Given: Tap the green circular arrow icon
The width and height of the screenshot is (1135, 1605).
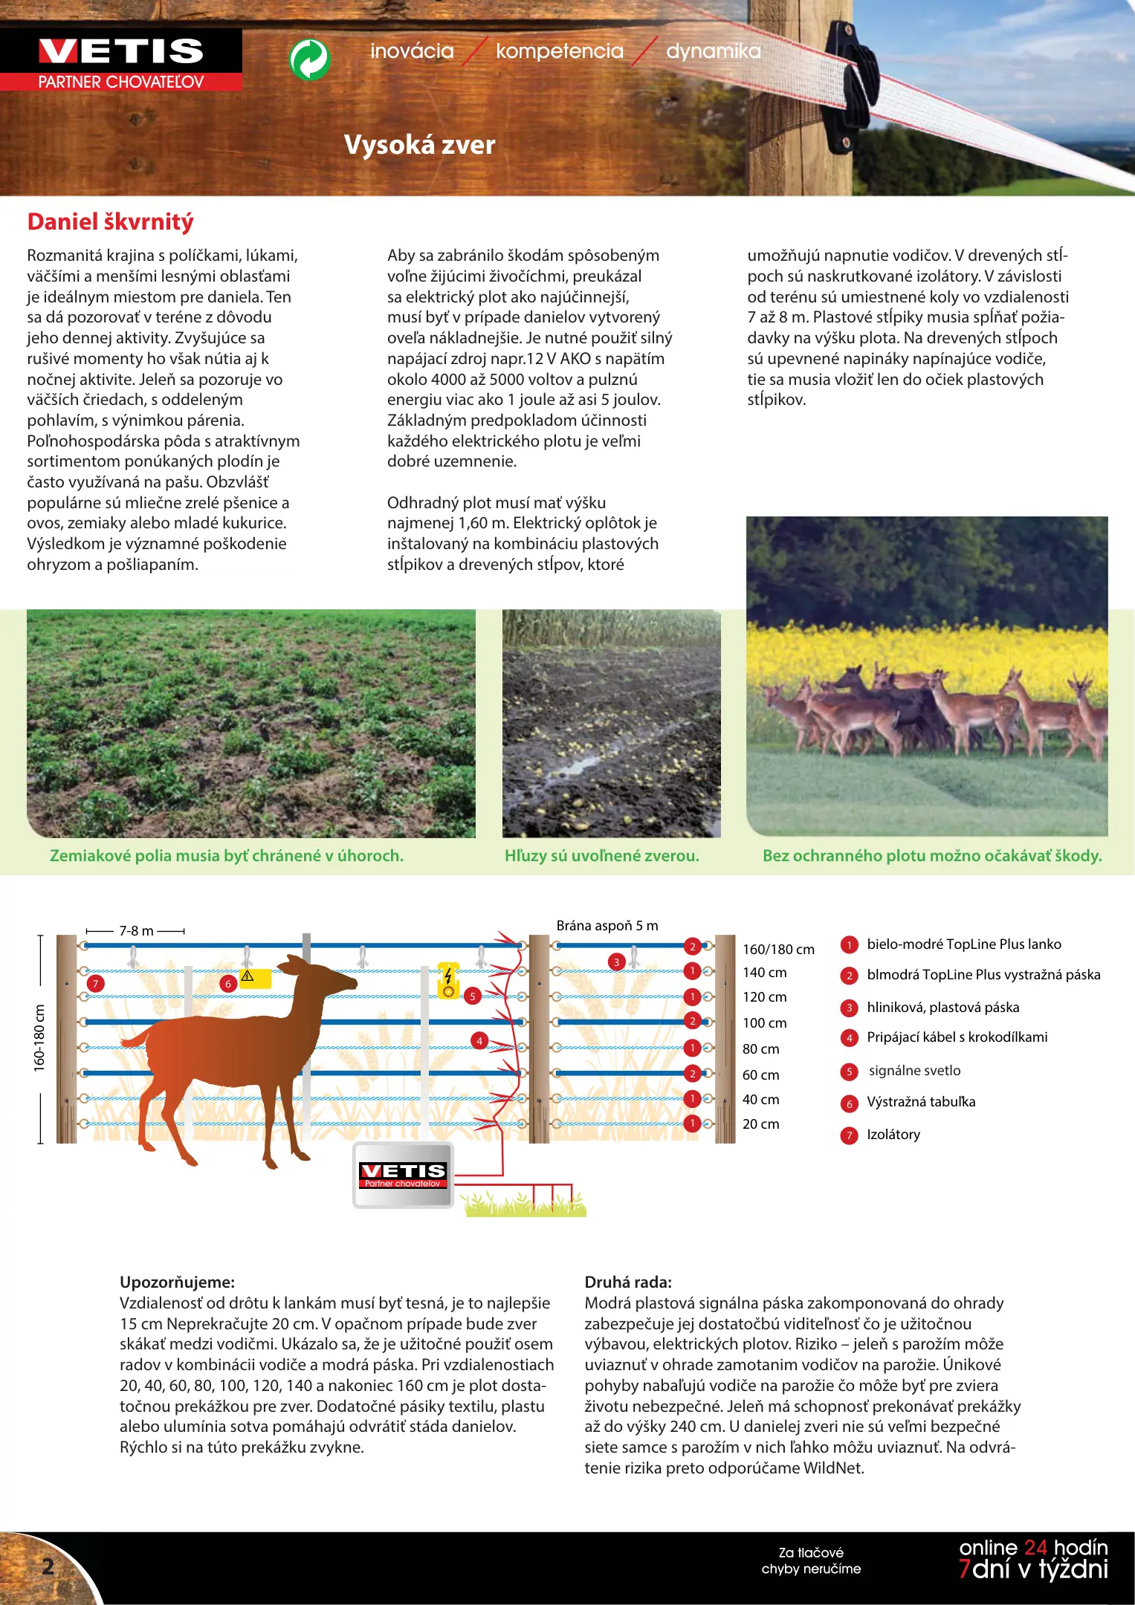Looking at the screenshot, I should click(310, 59).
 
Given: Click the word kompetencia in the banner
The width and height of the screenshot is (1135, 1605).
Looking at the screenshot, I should click(559, 51).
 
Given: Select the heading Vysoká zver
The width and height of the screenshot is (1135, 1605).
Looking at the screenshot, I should click(419, 144).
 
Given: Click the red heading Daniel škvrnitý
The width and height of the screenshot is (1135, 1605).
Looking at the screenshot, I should click(110, 221).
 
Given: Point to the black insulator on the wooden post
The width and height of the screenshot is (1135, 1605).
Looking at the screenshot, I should click(856, 82).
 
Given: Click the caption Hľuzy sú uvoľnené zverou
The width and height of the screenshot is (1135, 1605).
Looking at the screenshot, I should click(601, 855).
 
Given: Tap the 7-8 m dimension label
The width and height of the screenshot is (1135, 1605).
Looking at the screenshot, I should click(136, 930).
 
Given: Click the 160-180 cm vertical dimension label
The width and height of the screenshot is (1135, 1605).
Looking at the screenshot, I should click(39, 1038).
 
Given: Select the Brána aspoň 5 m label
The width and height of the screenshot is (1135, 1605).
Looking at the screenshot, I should click(607, 925).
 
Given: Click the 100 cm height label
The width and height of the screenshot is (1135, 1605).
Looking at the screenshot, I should click(764, 1022).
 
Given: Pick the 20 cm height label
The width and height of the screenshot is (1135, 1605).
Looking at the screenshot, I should click(760, 1123).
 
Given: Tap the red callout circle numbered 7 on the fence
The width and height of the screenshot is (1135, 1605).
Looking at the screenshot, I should click(95, 983).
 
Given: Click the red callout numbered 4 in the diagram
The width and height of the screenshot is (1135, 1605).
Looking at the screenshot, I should click(479, 1040).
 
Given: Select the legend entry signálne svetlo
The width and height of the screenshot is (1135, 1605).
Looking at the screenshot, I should click(914, 1070).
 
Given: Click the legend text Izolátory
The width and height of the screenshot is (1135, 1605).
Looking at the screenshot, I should click(893, 1134).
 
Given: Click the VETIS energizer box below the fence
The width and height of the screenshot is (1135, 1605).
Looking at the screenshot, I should click(402, 1175).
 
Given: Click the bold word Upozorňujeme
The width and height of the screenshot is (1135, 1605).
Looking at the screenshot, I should click(177, 1282).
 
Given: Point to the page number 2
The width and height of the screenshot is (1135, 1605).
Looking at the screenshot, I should click(48, 1566).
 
